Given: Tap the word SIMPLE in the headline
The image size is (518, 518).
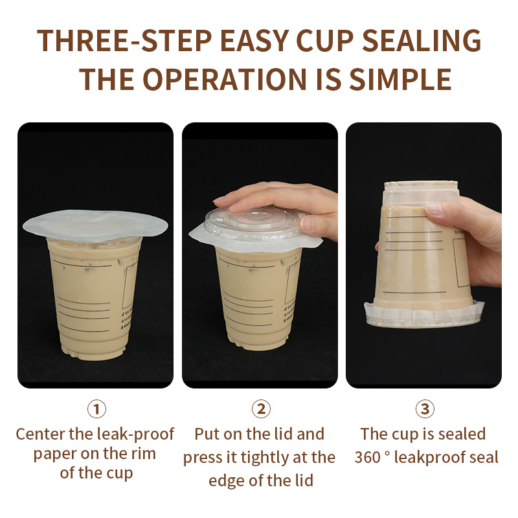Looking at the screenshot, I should [400, 79].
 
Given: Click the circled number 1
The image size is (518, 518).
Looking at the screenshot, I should [96, 409].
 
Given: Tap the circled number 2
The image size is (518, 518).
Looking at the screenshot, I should [260, 409].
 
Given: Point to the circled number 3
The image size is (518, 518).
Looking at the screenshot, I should [424, 409].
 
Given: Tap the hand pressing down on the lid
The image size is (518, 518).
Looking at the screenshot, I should [285, 201].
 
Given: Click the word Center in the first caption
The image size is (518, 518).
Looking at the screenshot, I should [40, 434].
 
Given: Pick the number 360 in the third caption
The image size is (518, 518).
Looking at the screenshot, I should [369, 458].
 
